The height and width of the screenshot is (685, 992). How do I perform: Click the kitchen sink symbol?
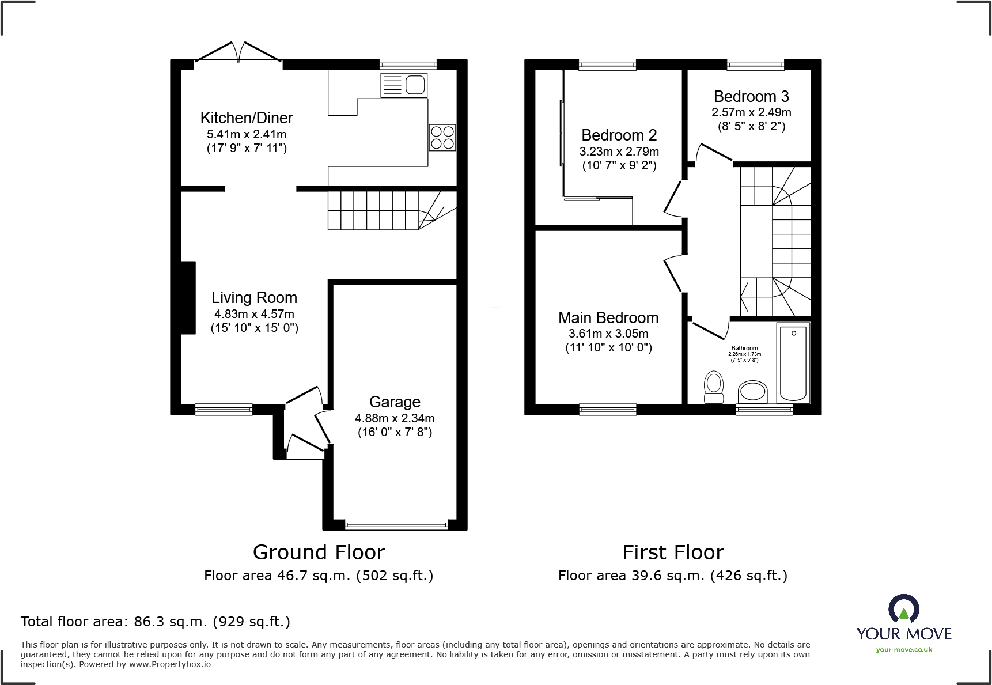click(404, 85)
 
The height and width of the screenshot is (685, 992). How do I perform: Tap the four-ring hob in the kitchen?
click(442, 138)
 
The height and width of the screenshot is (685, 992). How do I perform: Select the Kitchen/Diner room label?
click(247, 118)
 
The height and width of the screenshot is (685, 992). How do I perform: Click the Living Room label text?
click(254, 298)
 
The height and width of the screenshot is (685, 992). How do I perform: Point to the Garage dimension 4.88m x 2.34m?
click(395, 419)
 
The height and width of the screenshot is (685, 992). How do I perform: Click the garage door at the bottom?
click(396, 525)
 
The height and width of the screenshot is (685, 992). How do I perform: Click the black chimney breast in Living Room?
click(188, 298)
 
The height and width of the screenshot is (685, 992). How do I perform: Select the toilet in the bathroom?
click(714, 387)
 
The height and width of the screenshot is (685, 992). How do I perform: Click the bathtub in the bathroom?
click(793, 362)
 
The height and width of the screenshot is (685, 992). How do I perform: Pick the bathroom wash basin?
click(753, 392)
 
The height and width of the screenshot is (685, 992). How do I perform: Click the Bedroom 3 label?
click(751, 97)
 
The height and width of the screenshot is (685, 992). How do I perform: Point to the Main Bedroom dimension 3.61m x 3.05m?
click(608, 334)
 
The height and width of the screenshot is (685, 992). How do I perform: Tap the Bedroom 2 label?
click(619, 135)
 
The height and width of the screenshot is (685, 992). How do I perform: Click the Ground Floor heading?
click(319, 552)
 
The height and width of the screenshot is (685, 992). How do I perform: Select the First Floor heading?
click(673, 552)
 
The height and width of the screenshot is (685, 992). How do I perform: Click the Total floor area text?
click(156, 622)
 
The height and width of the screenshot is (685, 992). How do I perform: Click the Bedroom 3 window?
click(755, 65)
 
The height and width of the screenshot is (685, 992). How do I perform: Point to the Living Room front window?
click(224, 410)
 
